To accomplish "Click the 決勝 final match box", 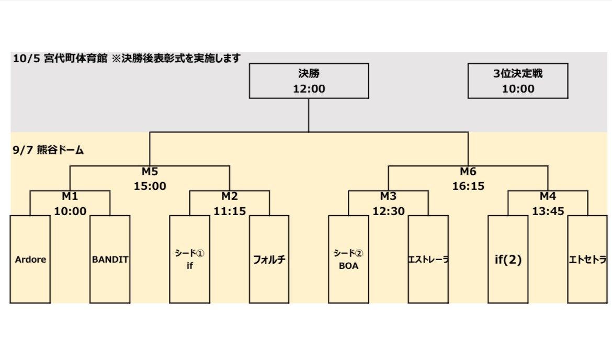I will tap(309, 81).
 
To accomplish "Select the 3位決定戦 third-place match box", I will tap(518, 81).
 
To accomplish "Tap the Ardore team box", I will tap(30, 259).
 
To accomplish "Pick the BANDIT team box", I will tap(110, 259).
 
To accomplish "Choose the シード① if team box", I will tap(190, 259).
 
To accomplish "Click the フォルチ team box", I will tap(269, 259).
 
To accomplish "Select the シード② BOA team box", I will tap(348, 259).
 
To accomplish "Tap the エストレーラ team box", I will tap(428, 259).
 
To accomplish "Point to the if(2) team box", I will tap(508, 259).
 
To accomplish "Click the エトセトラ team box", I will tap(587, 259).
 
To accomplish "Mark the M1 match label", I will tap(70, 197).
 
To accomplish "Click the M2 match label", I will tap(230, 197).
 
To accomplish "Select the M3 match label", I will tap(389, 197).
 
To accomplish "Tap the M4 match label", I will tap(548, 197).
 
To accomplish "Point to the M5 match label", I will tap(150, 172).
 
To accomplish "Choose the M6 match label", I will tap(468, 172).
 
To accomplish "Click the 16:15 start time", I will tap(468, 186).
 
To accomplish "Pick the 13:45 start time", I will tap(548, 211).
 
